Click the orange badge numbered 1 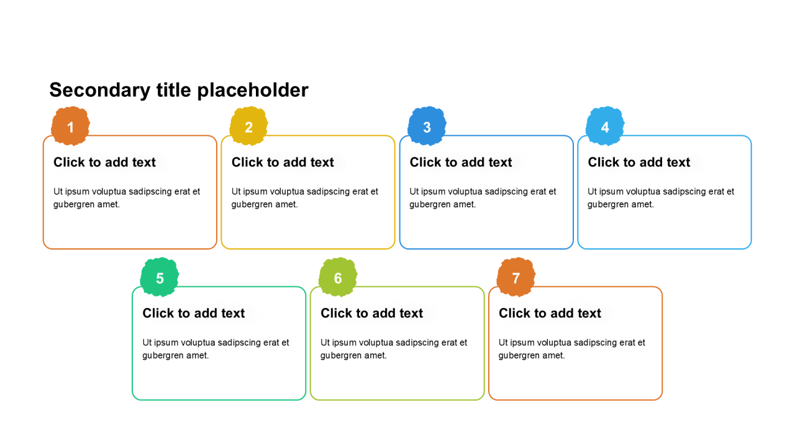70,126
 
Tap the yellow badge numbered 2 248,126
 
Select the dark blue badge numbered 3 427,126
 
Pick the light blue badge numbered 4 605,126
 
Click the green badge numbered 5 160,277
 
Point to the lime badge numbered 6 338,277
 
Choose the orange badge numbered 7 516,277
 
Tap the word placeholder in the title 253,91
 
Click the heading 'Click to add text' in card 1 105,162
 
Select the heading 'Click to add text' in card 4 639,162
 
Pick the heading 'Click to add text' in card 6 372,314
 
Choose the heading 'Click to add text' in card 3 461,162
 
